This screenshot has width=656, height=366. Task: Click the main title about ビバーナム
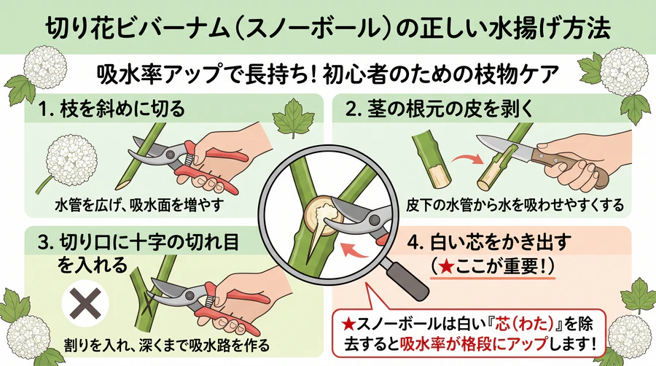click(327, 28)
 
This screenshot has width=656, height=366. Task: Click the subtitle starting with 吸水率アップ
click(327, 74)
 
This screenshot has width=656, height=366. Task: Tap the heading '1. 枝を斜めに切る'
click(112, 109)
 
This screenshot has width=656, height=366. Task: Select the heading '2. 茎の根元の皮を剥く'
click(440, 109)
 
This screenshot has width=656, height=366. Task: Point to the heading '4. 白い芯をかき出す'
click(489, 243)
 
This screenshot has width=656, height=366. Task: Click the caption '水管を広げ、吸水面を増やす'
click(140, 205)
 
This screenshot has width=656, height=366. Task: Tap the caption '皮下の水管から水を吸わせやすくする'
click(515, 205)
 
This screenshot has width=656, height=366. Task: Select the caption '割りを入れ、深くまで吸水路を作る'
click(166, 345)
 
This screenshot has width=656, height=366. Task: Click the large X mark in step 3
click(85, 304)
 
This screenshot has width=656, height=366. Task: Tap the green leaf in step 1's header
click(293, 118)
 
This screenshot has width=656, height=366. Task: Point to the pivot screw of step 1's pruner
click(171, 155)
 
